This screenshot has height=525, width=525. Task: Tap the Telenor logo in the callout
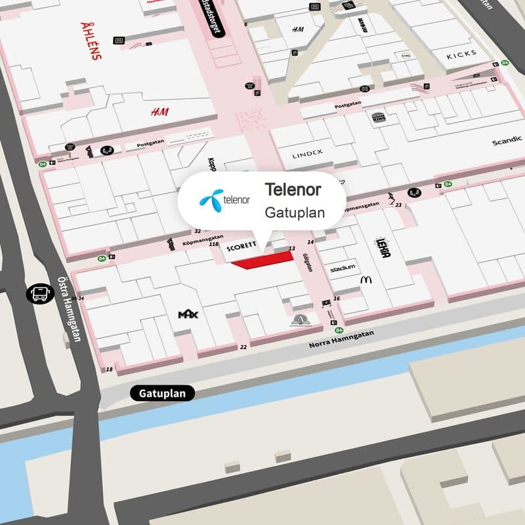[224, 197]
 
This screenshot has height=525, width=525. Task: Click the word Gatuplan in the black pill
[167, 394]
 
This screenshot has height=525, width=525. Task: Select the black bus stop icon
[39, 293]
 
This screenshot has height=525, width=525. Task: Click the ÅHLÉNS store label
[91, 41]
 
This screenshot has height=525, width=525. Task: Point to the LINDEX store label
[308, 154]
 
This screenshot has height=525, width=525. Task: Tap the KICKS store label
[467, 56]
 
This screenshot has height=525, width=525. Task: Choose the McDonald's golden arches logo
[366, 280]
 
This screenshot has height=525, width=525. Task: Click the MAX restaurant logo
[188, 315]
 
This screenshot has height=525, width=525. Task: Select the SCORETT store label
[241, 249]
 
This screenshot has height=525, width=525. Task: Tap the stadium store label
[343, 268]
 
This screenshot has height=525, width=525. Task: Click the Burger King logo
[379, 117]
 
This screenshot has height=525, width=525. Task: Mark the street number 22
[243, 346]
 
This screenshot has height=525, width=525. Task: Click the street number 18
[109, 370]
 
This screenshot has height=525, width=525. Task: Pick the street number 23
[398, 205]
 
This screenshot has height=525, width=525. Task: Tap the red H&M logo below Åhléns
[159, 112]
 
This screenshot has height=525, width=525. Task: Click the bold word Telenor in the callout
[293, 190]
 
